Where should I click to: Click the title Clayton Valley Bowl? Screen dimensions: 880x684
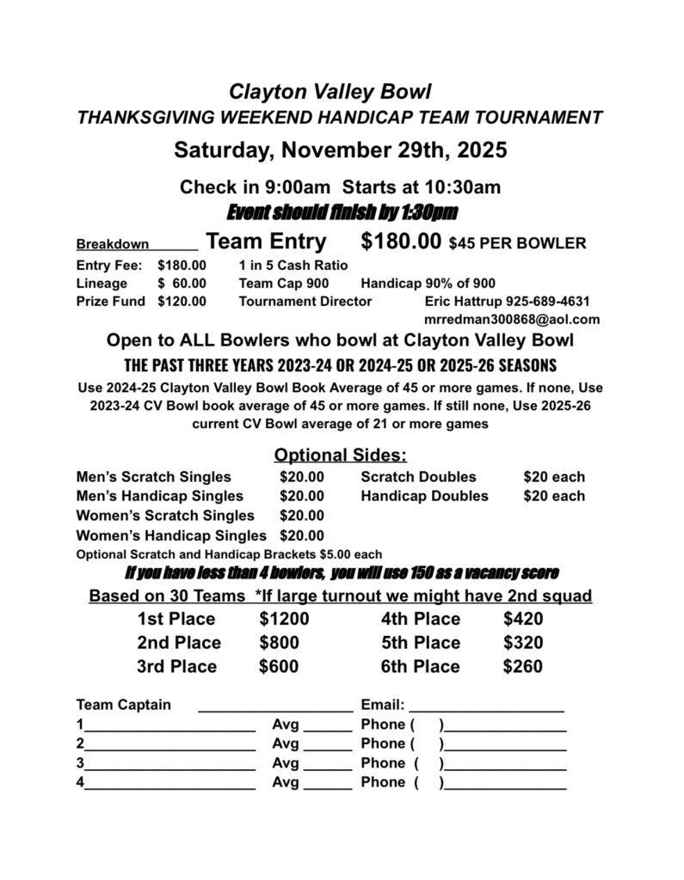point(330,91)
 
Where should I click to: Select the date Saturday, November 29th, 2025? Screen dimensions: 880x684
point(341,150)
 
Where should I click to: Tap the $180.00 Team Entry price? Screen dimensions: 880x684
point(402,242)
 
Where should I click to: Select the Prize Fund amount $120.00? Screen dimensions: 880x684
point(182,302)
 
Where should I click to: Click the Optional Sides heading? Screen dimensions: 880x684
point(341,455)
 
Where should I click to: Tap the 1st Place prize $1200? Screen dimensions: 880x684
point(284,619)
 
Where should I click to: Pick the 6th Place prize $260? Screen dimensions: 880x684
point(523,666)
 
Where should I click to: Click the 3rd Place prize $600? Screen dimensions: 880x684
point(280,666)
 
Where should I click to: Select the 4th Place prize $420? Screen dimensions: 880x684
point(523,619)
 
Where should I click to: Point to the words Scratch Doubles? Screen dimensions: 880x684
point(418,477)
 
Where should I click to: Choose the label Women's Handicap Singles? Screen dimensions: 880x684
point(171,536)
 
